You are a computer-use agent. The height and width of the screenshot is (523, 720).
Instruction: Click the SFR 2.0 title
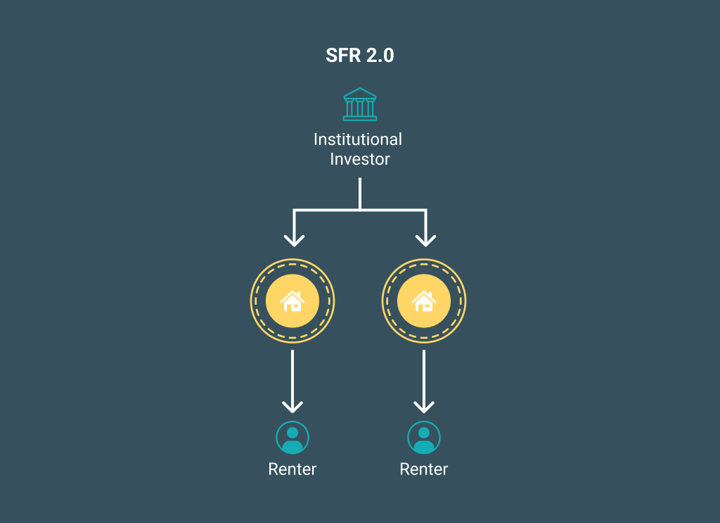click(x=359, y=56)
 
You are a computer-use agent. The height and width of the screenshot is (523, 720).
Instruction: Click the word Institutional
click(x=358, y=139)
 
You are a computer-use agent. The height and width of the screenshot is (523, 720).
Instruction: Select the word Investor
click(x=359, y=160)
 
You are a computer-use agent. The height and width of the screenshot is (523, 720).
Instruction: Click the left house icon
click(x=292, y=301)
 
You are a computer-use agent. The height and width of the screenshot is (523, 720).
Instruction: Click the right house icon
click(x=424, y=301)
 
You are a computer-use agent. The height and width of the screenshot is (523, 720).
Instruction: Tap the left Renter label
click(x=292, y=469)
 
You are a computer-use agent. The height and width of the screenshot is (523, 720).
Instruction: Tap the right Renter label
click(x=424, y=469)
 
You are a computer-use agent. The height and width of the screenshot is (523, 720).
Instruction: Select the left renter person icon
click(x=292, y=437)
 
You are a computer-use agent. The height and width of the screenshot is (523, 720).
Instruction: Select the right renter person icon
click(x=424, y=437)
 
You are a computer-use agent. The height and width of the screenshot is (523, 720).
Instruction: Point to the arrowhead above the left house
click(x=294, y=239)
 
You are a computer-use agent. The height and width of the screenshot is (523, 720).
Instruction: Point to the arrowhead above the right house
click(x=425, y=239)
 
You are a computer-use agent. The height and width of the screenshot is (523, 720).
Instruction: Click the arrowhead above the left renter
click(x=292, y=406)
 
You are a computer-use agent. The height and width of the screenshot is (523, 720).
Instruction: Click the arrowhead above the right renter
click(x=424, y=406)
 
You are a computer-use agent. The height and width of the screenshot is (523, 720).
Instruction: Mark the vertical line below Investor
click(x=359, y=193)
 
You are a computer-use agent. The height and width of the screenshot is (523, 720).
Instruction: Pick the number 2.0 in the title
click(x=380, y=56)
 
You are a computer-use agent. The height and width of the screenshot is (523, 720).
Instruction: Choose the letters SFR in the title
click(x=342, y=56)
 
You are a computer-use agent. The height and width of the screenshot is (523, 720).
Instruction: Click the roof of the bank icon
click(x=359, y=93)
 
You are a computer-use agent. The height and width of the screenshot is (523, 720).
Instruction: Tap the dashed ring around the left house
click(x=292, y=266)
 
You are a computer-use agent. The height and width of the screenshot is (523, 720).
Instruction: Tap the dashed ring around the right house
click(x=424, y=266)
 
